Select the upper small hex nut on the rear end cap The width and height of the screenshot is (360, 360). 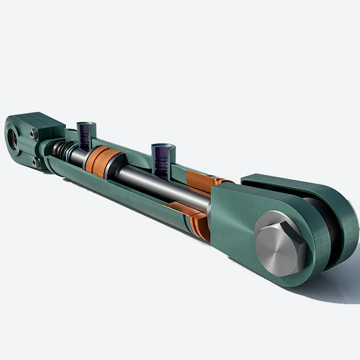[x=34, y=133]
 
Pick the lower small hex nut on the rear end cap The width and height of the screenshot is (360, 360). [x=35, y=162]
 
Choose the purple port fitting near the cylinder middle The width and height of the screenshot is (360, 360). [x=162, y=157]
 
